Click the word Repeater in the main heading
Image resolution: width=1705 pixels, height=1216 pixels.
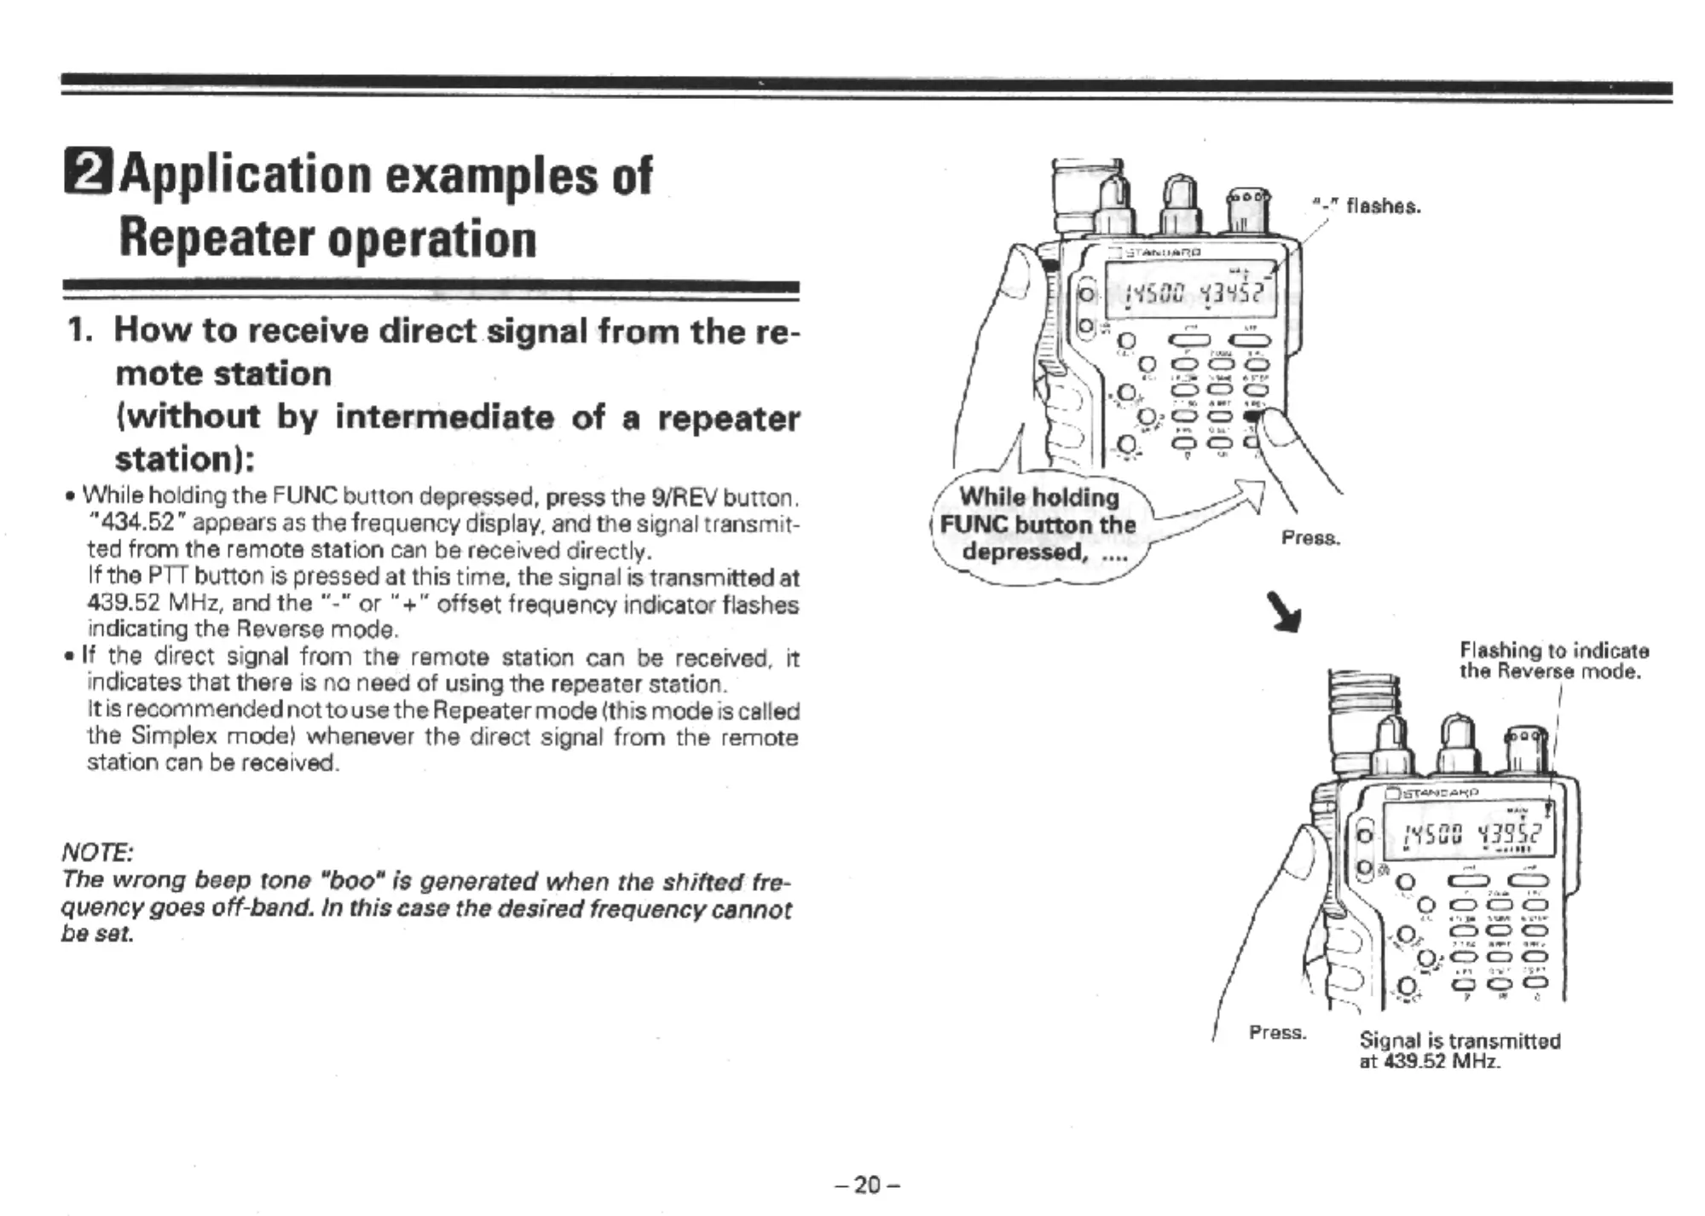point(217,240)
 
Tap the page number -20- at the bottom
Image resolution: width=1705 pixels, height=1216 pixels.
point(866,1184)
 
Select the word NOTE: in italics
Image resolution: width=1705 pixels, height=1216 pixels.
point(97,852)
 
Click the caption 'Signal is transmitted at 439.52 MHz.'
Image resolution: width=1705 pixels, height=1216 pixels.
point(1459,1051)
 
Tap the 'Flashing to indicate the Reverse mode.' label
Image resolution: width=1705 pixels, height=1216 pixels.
point(1553,661)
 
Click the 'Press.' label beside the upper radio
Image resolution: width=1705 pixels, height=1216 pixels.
point(1311,538)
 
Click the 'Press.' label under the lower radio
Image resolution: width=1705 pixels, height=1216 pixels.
point(1277,1033)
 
